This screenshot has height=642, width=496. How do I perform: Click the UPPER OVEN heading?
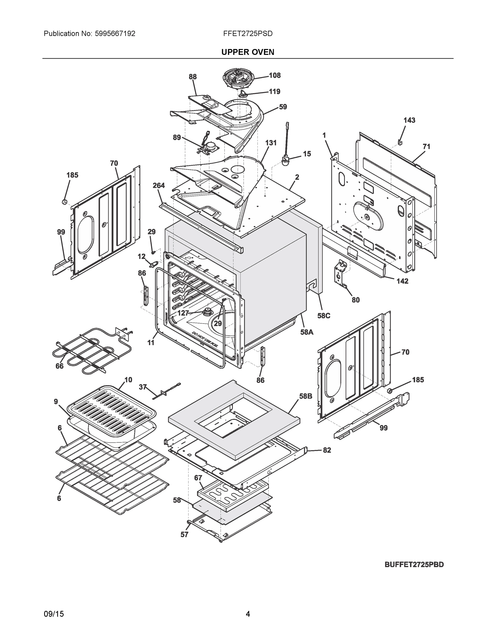(247, 52)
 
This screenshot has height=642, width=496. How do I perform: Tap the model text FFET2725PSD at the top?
(247, 33)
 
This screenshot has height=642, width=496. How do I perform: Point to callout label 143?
(409, 120)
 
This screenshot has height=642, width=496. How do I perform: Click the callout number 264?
(159, 185)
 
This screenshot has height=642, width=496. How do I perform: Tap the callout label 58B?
(306, 396)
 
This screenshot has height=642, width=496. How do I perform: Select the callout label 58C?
(324, 316)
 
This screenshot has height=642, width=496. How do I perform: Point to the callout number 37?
(143, 387)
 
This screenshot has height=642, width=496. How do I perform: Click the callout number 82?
(327, 450)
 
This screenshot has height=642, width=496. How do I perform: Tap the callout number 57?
(184, 535)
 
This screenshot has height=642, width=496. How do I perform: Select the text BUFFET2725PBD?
(414, 565)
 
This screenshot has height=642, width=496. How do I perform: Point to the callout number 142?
(402, 281)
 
